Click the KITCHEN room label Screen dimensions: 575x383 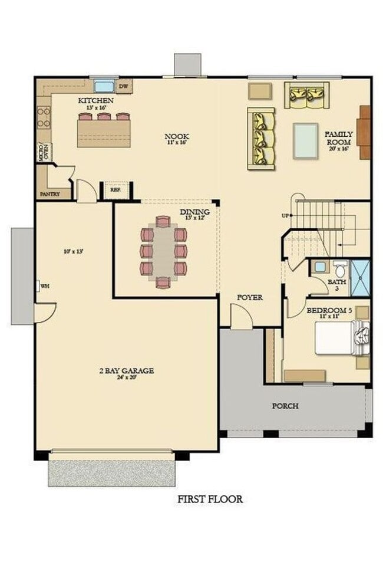[x=96, y=101]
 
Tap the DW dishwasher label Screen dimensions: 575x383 [x=123, y=87]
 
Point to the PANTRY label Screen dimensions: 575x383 [x=51, y=193]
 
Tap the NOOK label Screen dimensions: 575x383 [x=176, y=137]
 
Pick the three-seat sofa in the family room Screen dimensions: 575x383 [x=260, y=138]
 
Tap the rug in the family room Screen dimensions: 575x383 [x=306, y=140]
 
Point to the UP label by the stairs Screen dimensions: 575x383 [x=285, y=216]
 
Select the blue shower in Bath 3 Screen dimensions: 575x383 [x=360, y=278]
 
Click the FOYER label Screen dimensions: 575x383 [x=250, y=297]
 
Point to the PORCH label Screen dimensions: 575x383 [x=285, y=406]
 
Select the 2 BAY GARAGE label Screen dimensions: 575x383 [x=126, y=371]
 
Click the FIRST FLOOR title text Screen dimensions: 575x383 [x=210, y=499]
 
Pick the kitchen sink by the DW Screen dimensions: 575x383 [x=104, y=85]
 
